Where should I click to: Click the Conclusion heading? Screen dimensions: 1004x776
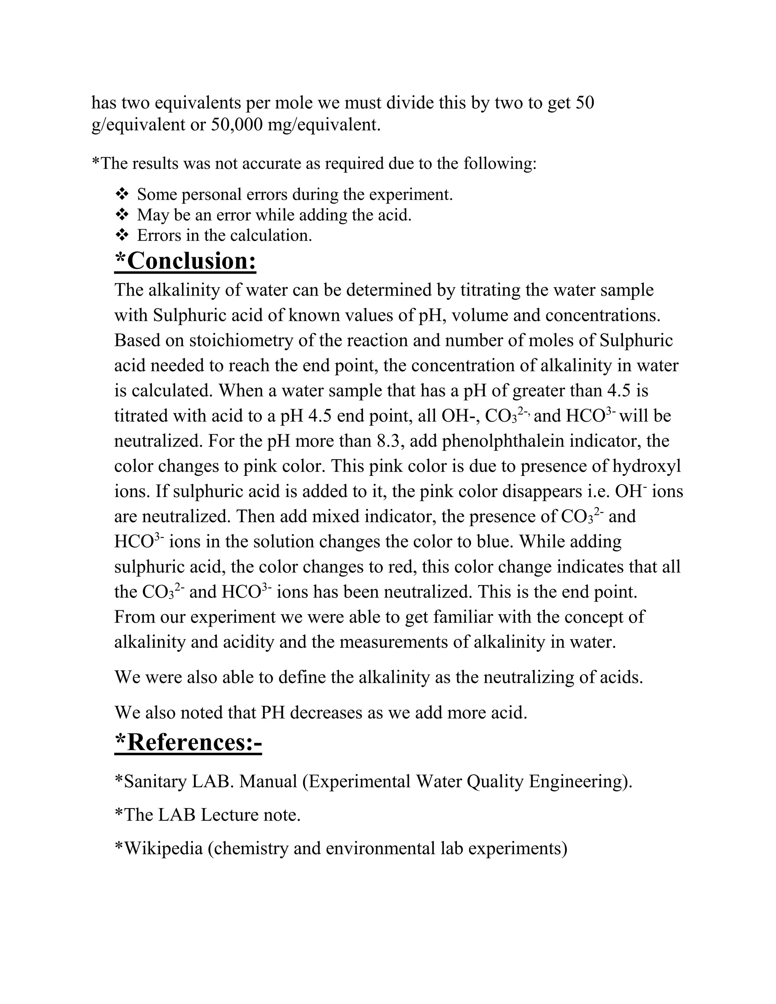(x=185, y=261)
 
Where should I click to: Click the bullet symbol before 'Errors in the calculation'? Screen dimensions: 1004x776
(x=122, y=235)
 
